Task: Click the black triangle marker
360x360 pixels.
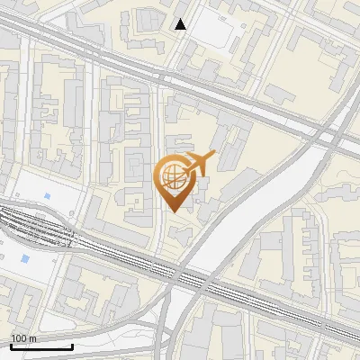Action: click(x=181, y=24)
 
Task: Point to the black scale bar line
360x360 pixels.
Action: click(x=41, y=346)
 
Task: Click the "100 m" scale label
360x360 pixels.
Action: click(x=23, y=338)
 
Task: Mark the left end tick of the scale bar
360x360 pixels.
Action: click(x=11, y=346)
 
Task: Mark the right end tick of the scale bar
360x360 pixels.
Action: click(x=72, y=346)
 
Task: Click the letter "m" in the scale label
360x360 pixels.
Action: click(x=33, y=338)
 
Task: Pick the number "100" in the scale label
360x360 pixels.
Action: click(x=19, y=338)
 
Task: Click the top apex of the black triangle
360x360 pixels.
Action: click(x=181, y=19)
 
